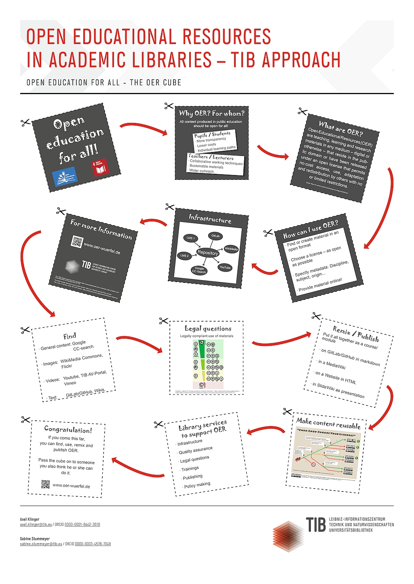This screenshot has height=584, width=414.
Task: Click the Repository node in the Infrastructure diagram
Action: tap(208, 253)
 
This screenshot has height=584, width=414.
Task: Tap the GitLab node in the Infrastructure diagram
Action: tap(215, 236)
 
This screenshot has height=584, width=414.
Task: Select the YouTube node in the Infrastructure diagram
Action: tap(225, 267)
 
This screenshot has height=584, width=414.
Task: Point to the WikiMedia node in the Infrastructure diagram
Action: tap(231, 249)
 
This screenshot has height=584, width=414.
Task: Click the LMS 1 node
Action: tap(190, 238)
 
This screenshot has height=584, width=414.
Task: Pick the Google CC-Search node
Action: tap(199, 270)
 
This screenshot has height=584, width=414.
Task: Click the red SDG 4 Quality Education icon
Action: tap(99, 168)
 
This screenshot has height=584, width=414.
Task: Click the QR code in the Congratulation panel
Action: tap(45, 484)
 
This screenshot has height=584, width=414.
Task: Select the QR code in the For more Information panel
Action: tap(76, 241)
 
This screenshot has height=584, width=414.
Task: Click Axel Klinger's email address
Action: tap(36, 525)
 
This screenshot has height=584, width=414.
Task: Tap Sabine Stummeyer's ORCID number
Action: tap(93, 544)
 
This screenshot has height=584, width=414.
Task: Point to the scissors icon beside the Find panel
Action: tap(25, 330)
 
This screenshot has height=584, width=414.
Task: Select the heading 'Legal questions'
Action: tap(208, 329)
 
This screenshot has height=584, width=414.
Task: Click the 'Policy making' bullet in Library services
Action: tap(197, 485)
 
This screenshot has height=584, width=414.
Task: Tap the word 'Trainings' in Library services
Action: tap(190, 468)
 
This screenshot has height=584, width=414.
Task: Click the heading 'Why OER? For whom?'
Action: tap(212, 113)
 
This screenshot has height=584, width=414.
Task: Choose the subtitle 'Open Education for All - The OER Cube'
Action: tap(104, 82)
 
